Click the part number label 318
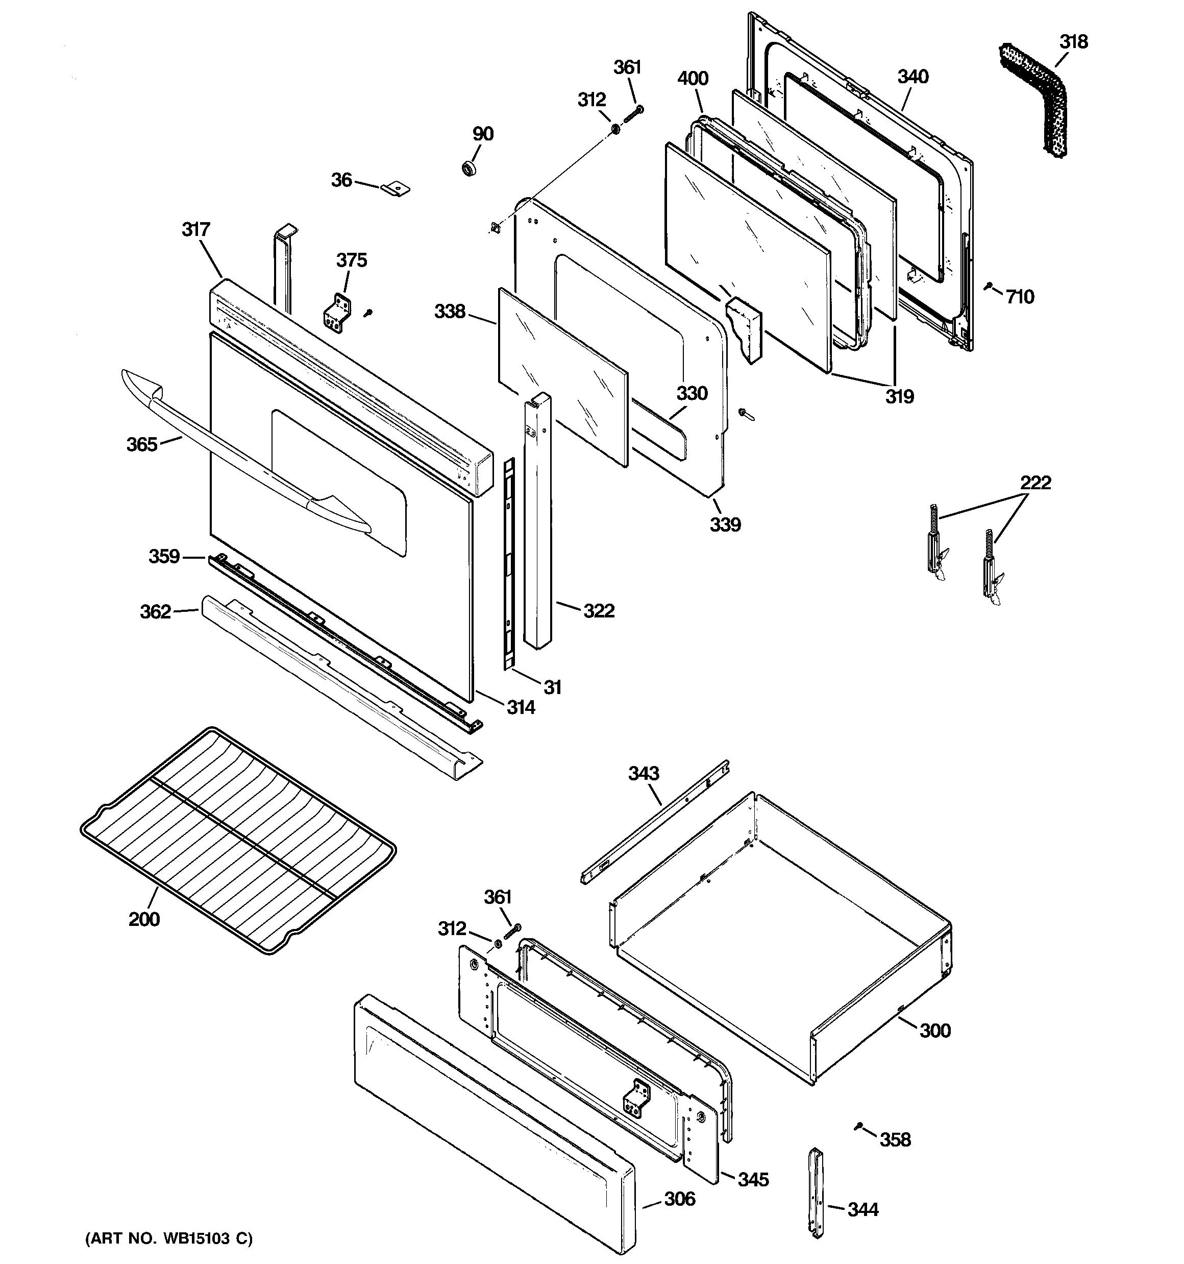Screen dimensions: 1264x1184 click(x=1073, y=42)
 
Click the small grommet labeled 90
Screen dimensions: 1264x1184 click(x=469, y=169)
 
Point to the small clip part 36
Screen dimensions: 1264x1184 click(x=397, y=189)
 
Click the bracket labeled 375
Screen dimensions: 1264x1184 click(x=337, y=313)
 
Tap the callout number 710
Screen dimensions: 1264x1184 click(x=1020, y=297)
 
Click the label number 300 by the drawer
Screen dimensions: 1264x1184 click(x=935, y=1030)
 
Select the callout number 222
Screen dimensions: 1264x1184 click(x=1035, y=483)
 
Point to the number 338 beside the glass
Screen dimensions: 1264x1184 click(x=450, y=312)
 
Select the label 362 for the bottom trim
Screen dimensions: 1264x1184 click(x=155, y=612)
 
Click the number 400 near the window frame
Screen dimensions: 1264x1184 click(x=692, y=79)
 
